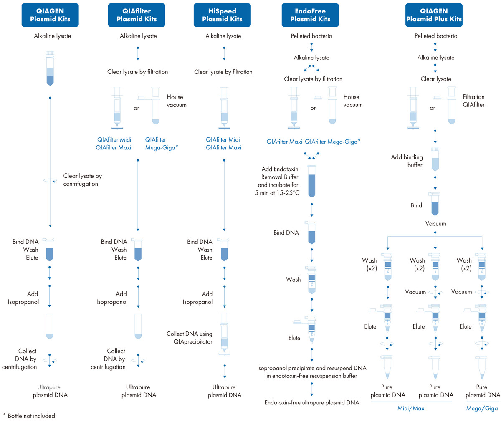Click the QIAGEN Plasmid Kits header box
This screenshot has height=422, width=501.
[x=50, y=15]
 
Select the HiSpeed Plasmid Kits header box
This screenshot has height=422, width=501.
[x=222, y=15]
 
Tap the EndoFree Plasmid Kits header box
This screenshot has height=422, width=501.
[x=310, y=15]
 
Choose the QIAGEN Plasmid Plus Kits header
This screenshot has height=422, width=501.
[x=434, y=15]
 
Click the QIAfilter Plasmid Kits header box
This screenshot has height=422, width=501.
[x=137, y=15]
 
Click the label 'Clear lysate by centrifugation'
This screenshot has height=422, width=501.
[x=82, y=180]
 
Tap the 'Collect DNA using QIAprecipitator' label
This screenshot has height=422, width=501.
[x=189, y=338]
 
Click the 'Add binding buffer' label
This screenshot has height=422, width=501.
[x=407, y=161]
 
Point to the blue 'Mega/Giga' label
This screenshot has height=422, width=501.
[x=482, y=408]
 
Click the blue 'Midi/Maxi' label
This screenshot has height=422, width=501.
[x=411, y=408]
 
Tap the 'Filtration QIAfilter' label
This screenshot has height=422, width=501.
[x=473, y=101]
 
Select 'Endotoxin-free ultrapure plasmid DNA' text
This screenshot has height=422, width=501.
[x=311, y=402]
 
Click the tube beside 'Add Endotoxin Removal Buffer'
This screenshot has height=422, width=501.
[x=311, y=181]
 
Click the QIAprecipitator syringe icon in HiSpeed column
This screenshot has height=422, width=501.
[x=224, y=334]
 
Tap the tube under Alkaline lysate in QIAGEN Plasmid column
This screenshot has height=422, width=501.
[x=50, y=69]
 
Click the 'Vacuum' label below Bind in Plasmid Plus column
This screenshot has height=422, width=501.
[x=435, y=224]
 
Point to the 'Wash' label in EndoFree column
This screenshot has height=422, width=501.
[x=293, y=280]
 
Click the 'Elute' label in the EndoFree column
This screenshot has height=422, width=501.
[x=294, y=338]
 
